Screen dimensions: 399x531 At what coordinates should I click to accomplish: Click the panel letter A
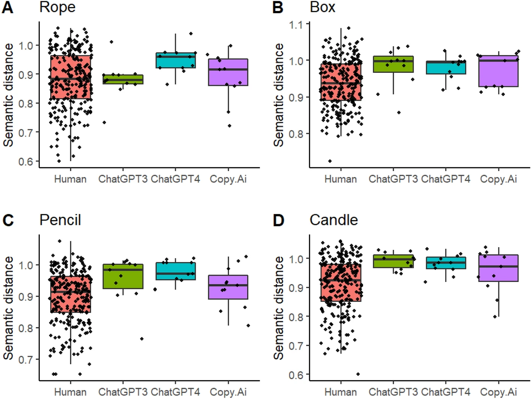tap(7, 7)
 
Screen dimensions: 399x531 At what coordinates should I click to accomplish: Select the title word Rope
tap(57, 7)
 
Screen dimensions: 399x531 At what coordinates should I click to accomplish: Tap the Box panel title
tap(322, 7)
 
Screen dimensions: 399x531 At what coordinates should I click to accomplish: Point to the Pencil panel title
tap(60, 220)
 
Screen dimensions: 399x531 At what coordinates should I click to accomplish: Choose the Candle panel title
tap(333, 220)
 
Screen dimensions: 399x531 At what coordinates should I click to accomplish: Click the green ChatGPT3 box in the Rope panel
tap(123, 79)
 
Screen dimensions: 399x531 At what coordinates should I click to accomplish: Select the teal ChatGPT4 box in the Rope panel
tap(175, 60)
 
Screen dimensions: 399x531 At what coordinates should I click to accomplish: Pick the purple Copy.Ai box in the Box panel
tap(498, 71)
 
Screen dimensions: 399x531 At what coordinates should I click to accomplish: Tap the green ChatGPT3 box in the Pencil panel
tap(123, 276)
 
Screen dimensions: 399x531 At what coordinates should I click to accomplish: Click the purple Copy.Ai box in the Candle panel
tap(498, 268)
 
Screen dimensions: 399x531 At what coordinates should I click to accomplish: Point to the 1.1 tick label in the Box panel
tap(296, 25)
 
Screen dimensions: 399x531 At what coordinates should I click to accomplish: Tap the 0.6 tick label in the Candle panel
tap(296, 375)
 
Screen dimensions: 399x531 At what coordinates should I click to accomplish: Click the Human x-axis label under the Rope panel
tap(70, 179)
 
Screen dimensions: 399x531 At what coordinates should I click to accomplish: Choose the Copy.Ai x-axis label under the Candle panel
tap(498, 392)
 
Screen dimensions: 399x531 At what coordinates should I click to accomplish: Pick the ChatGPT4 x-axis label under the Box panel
tap(445, 179)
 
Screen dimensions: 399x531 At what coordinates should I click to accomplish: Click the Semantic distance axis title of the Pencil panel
tap(8, 307)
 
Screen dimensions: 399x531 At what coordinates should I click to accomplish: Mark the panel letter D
tap(278, 220)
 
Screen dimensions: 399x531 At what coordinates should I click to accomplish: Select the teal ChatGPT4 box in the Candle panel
tap(446, 263)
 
